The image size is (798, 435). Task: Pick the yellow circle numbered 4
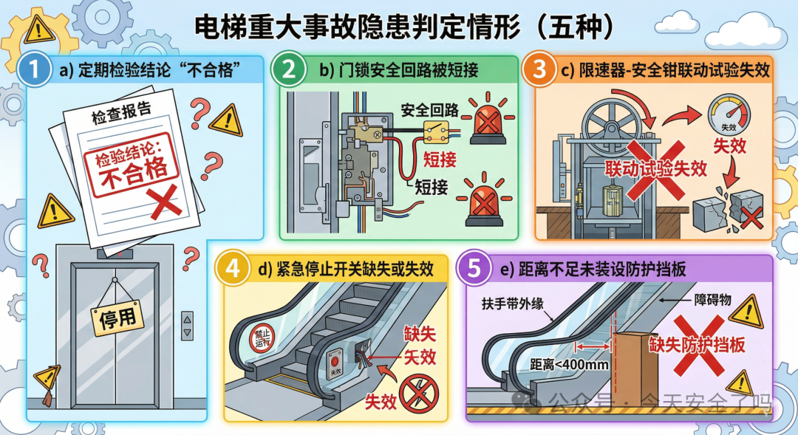point(233,270)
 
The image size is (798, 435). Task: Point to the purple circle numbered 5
point(474,270)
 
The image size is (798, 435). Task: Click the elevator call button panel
point(188,325)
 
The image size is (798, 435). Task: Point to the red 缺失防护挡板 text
point(697,345)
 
